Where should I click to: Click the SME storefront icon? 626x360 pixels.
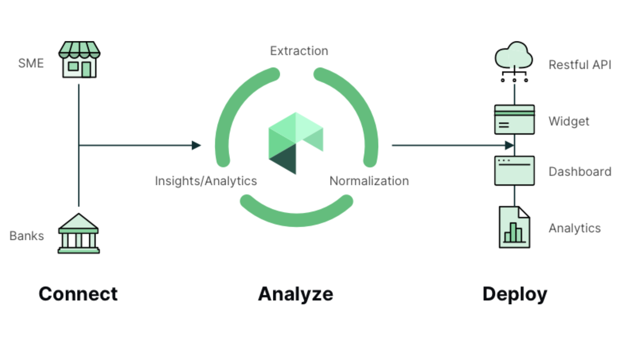click(x=79, y=60)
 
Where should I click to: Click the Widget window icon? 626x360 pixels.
click(x=514, y=119)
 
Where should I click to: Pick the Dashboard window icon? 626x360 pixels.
click(x=514, y=171)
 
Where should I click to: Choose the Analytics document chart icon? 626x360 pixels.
click(x=514, y=228)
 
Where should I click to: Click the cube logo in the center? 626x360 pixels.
click(x=295, y=143)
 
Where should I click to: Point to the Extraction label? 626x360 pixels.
click(x=299, y=51)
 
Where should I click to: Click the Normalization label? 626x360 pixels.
click(x=369, y=181)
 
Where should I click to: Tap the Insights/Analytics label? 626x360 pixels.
click(x=206, y=181)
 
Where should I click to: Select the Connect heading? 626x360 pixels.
click(x=78, y=294)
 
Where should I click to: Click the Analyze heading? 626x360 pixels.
click(x=295, y=294)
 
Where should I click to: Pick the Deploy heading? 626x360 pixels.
click(x=515, y=294)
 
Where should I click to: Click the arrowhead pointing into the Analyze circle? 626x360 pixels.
click(x=196, y=145)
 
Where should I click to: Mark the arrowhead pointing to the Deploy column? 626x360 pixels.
click(x=509, y=145)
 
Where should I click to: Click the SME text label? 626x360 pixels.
click(x=31, y=63)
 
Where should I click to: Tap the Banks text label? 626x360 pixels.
click(x=27, y=236)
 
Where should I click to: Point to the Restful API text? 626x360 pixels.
click(x=580, y=65)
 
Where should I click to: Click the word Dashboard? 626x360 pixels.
click(x=580, y=172)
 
